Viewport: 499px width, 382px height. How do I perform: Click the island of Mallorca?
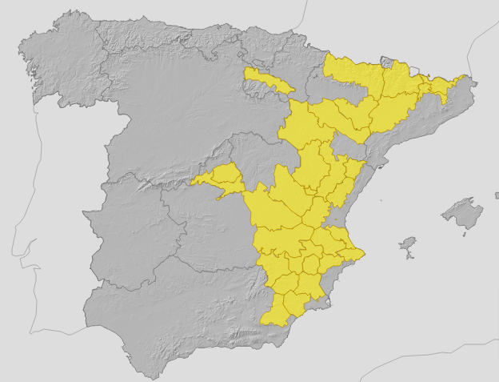(462, 213)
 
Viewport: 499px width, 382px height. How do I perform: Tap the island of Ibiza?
(409, 243)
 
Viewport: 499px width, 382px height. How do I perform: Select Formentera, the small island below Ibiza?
(409, 256)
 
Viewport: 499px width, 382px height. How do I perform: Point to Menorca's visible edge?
(496, 194)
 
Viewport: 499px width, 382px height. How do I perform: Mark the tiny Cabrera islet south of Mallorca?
(464, 233)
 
